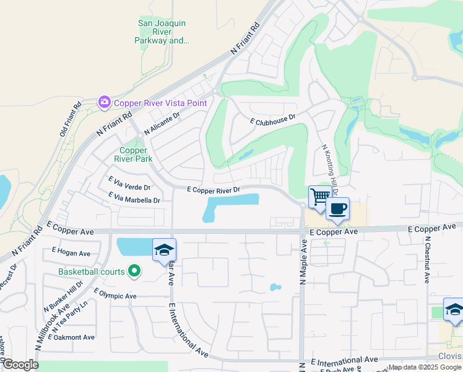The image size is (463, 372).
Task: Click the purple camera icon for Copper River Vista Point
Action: [x=103, y=102]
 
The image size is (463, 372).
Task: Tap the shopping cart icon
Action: [x=319, y=197]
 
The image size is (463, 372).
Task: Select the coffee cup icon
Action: [x=337, y=208]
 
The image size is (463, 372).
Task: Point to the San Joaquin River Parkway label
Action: [x=162, y=32]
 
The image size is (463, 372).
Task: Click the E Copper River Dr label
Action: [x=212, y=189]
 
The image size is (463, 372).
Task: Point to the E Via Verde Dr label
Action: [x=129, y=184]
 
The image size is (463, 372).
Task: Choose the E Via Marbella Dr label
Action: [x=134, y=198]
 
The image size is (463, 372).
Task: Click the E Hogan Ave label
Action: [x=71, y=252]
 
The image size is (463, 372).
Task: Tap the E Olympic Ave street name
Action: [x=115, y=293]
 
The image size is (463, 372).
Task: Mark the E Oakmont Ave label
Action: [x=74, y=337]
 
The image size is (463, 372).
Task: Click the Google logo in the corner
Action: [x=20, y=365]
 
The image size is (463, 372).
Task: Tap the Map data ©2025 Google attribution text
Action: [x=425, y=367]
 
